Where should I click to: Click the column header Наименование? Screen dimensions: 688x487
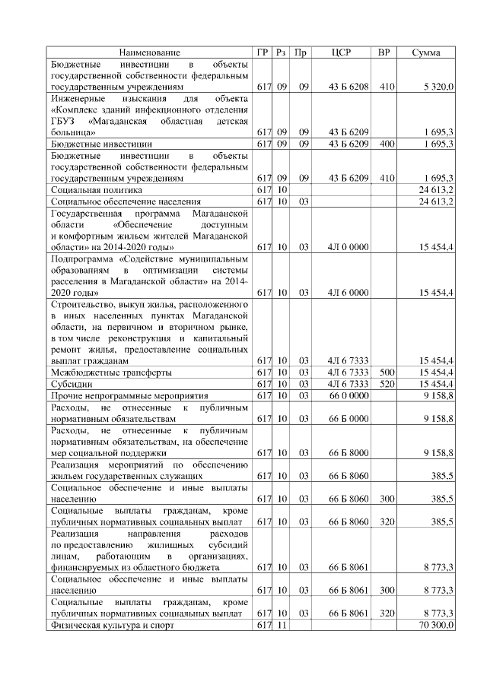pos(149,52)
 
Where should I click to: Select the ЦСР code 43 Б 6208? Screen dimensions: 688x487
pos(349,87)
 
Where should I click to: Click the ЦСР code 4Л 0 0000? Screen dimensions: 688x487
pos(349,247)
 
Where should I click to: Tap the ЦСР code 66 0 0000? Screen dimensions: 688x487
pos(349,396)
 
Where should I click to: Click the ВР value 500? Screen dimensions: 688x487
pos(387,372)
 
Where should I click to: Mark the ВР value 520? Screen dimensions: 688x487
pos(387,384)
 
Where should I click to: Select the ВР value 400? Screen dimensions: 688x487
pos(387,144)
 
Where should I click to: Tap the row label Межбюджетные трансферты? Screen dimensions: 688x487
pos(110,372)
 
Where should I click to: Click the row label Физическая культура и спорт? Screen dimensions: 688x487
pos(112,625)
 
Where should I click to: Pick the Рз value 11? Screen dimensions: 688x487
pos(281,625)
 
